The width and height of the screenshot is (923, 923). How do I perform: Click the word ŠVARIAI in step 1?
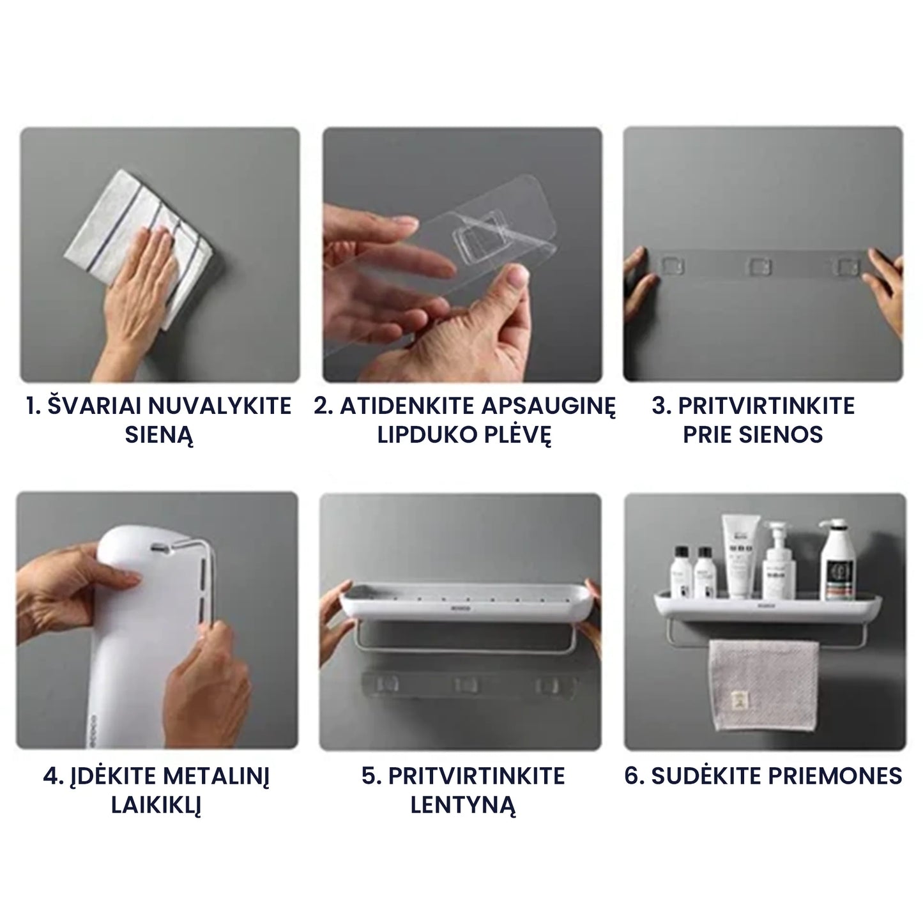[x=94, y=406]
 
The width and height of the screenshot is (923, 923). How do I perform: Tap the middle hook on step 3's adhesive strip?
[x=759, y=266]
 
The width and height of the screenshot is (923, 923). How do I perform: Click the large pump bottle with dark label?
[x=837, y=559]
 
